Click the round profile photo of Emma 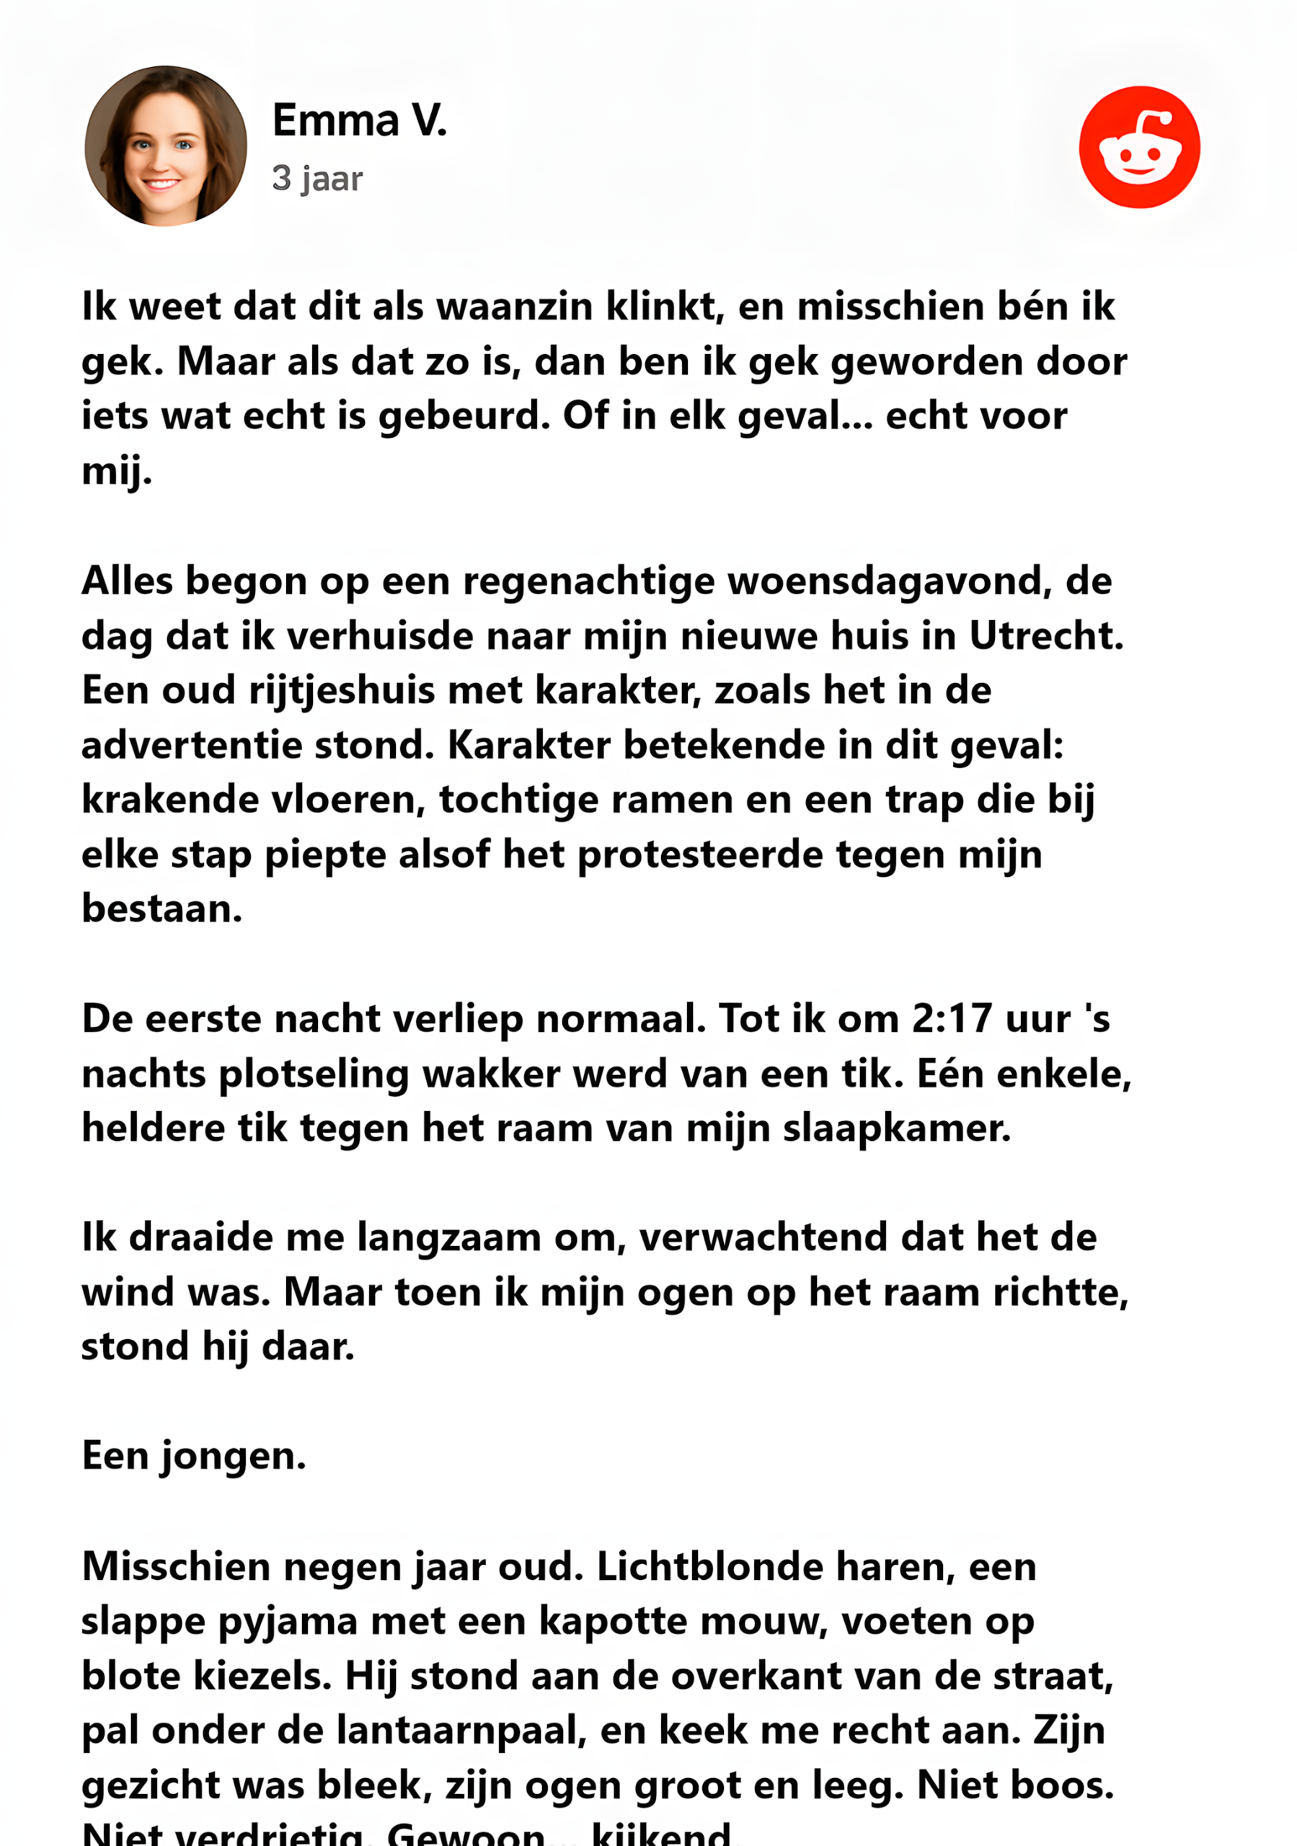tap(166, 146)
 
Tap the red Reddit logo tap(1138, 147)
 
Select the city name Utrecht tap(1045, 636)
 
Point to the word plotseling tap(314, 1074)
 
